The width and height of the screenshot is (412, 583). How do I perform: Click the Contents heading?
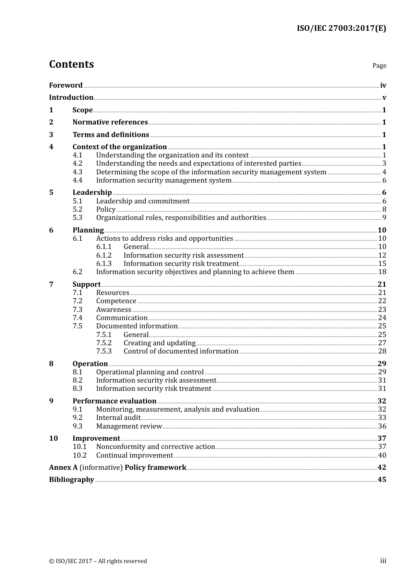[71, 64]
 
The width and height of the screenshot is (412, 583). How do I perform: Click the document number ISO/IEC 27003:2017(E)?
[341, 29]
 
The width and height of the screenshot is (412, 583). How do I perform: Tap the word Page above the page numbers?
[379, 66]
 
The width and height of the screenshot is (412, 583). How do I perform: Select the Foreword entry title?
[65, 85]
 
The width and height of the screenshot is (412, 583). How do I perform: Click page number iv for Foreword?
[383, 85]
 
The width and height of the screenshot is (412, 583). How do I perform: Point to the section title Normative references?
[110, 122]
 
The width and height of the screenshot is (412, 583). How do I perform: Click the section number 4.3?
[77, 172]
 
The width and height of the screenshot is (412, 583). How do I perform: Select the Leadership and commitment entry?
[143, 201]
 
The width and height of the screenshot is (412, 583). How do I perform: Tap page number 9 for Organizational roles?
[384, 218]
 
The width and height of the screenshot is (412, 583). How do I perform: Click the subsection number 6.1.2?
[104, 255]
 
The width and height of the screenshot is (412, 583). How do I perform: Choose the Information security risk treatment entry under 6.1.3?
[181, 264]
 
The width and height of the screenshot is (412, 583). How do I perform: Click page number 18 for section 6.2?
[382, 272]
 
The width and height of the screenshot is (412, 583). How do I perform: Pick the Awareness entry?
[114, 310]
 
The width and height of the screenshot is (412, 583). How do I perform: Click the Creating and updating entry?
[159, 343]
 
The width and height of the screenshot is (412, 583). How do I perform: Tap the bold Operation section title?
[90, 364]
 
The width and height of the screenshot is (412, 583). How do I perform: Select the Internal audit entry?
[118, 418]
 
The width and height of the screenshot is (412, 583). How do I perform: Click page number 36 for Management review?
[382, 426]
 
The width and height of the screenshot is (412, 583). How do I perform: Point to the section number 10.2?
[79, 455]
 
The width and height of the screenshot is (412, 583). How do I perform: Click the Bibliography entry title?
[72, 480]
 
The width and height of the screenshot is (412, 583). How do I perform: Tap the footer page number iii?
[383, 561]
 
